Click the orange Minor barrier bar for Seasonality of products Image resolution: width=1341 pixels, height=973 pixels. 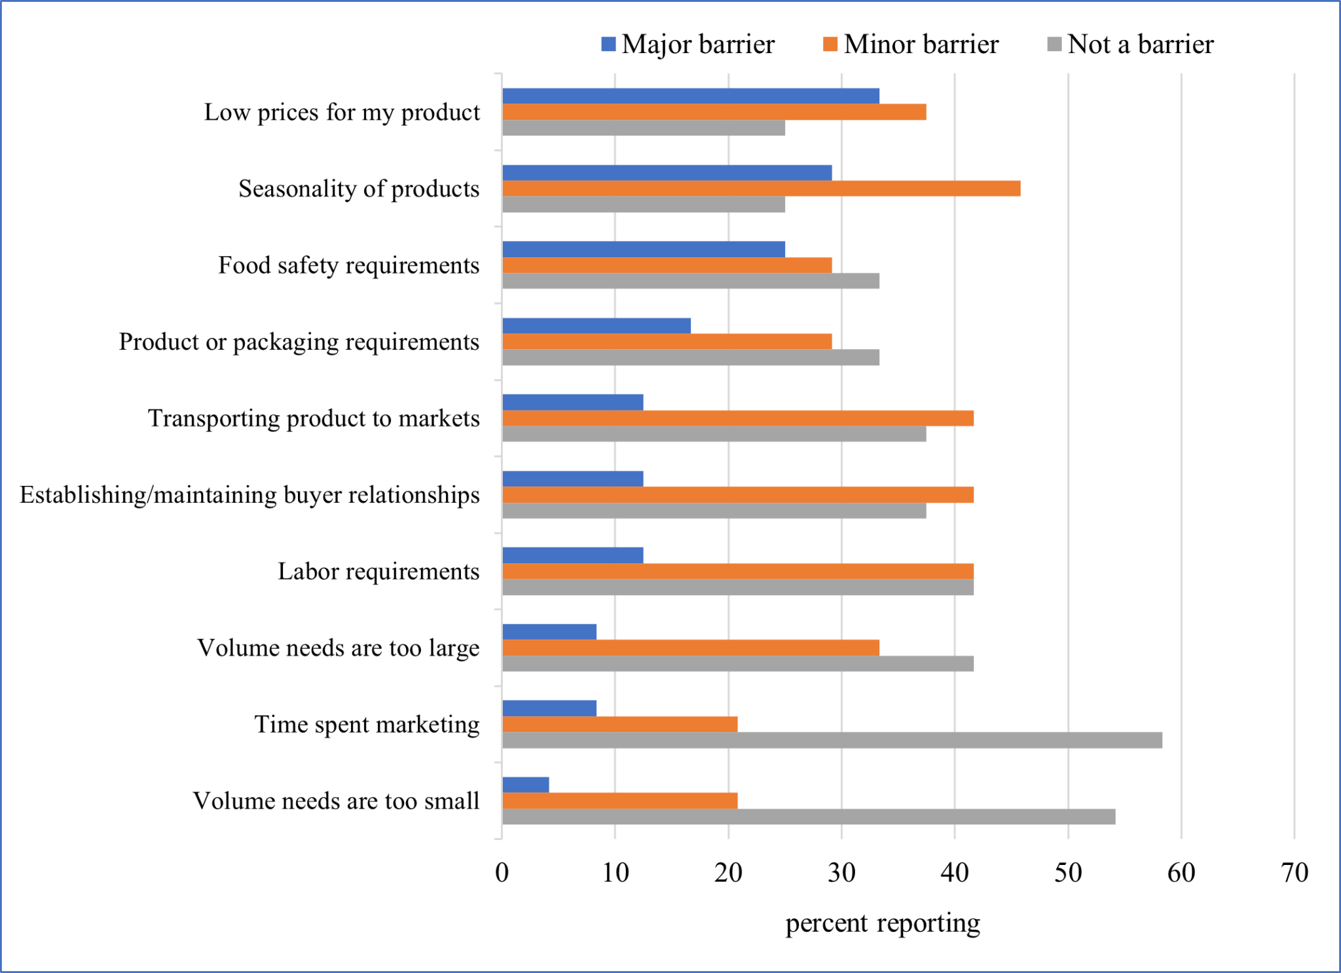tap(761, 189)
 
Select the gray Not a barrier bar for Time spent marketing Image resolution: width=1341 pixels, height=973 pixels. tap(832, 741)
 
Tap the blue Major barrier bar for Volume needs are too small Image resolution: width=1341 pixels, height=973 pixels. tap(526, 784)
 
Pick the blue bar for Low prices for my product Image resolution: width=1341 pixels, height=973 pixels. tap(690, 96)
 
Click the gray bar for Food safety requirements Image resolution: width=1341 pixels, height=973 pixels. tap(690, 281)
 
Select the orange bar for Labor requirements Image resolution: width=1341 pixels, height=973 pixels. tap(737, 571)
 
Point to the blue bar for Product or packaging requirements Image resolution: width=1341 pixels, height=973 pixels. tap(596, 325)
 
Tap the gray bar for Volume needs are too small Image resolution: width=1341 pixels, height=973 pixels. tap(808, 817)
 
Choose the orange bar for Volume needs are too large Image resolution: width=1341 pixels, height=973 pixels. tap(690, 648)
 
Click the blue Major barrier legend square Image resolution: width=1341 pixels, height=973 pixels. tap(608, 45)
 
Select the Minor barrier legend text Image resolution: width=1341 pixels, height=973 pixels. tap(921, 45)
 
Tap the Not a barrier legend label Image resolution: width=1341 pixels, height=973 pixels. tap(1140, 45)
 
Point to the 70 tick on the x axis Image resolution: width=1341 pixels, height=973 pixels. tap(1294, 873)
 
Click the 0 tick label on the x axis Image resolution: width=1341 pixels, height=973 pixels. tap(502, 873)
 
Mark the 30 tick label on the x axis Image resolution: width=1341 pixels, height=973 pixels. tap(841, 873)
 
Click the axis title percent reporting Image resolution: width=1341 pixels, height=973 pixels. tap(882, 923)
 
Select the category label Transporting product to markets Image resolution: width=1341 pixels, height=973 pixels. tap(314, 418)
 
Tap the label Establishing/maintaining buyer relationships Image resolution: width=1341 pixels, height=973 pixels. tap(249, 495)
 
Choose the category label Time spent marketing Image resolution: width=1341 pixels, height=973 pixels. tap(367, 724)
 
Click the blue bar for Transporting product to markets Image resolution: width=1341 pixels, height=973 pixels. tap(572, 402)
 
